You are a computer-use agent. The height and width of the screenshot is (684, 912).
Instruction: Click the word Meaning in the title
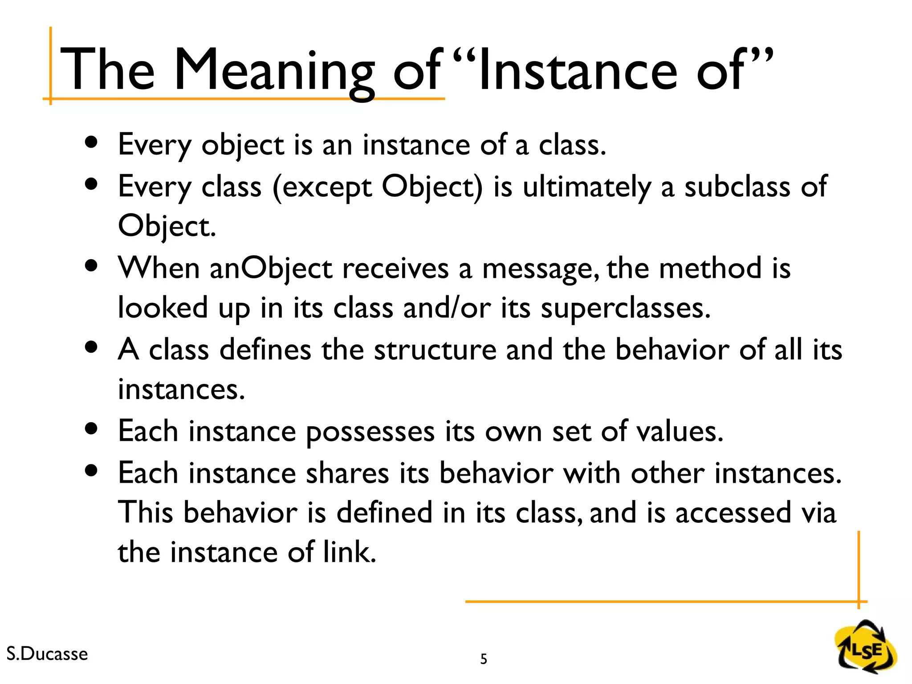point(273,71)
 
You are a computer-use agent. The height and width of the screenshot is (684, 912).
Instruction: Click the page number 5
point(484,659)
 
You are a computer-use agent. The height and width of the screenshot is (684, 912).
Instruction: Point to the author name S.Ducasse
point(47,654)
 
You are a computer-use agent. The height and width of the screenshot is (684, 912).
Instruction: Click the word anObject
point(271,269)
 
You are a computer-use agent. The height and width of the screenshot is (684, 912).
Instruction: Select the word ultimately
point(586,187)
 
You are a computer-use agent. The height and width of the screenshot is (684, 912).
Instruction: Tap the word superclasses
point(625,308)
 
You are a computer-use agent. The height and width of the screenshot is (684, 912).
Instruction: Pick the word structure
point(435,350)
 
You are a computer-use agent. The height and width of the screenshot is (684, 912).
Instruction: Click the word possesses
point(370,432)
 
